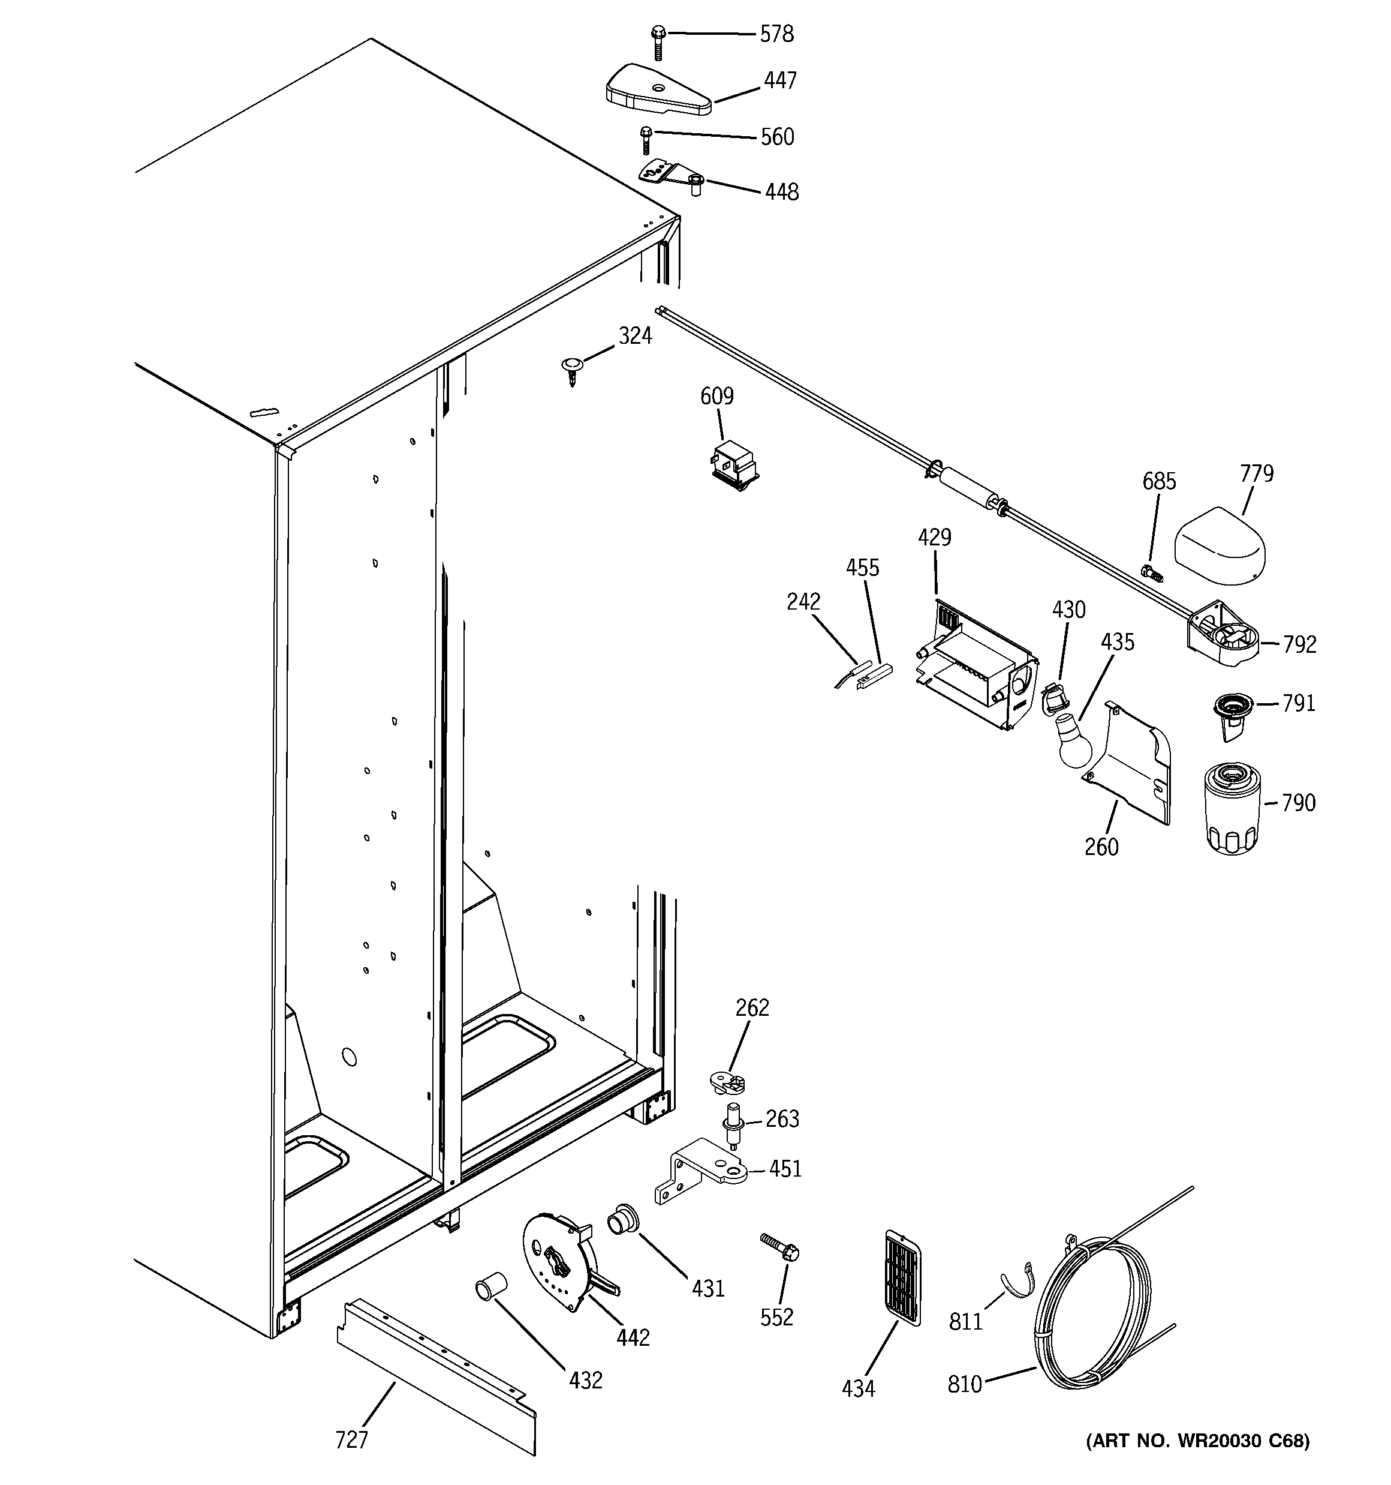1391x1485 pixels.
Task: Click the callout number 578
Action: (776, 34)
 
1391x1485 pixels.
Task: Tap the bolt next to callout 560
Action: (646, 140)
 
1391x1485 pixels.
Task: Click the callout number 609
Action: (716, 396)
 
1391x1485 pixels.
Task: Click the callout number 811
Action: (965, 1322)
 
